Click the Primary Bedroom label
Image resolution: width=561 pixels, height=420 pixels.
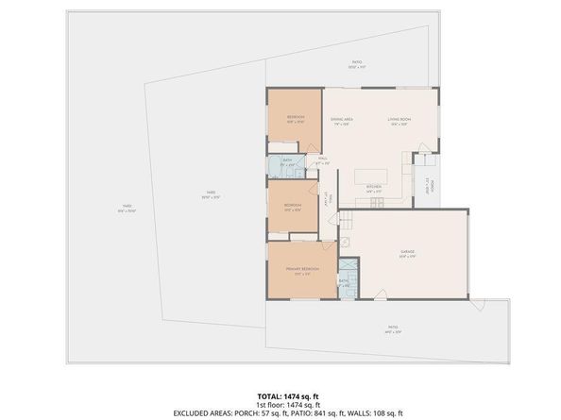point(303,269)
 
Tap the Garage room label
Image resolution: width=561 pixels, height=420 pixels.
point(408,252)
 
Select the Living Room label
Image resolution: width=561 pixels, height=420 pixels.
point(399,120)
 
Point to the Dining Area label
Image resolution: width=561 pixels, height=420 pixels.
point(341,120)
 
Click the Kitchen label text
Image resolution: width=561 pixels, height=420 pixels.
point(373,187)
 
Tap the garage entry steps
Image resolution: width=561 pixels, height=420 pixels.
point(346,220)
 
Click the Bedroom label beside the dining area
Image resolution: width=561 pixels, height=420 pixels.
point(295,120)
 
